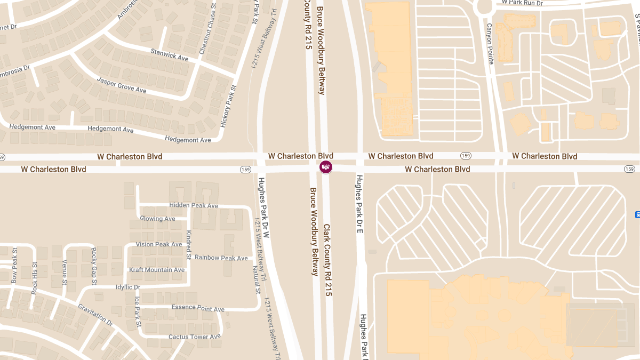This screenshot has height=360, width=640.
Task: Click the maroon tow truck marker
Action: pos(325,167)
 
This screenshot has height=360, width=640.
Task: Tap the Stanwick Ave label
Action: pos(170,54)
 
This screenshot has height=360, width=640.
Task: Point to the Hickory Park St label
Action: pos(228,106)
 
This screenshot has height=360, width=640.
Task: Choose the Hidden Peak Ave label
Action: pos(194,205)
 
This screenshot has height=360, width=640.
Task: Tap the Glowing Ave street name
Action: pos(157,219)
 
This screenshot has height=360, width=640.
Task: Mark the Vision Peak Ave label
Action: pos(159,244)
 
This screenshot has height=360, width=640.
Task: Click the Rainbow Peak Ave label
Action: pos(221,258)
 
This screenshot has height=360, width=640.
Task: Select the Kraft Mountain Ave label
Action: pos(157,270)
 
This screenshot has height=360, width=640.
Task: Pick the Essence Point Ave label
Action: pos(198,309)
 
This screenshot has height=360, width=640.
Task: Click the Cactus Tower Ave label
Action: pos(194,337)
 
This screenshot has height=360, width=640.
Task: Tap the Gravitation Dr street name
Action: pos(96,315)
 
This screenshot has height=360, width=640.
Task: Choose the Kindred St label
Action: pos(188,245)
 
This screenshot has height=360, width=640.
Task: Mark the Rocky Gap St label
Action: pos(94,262)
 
